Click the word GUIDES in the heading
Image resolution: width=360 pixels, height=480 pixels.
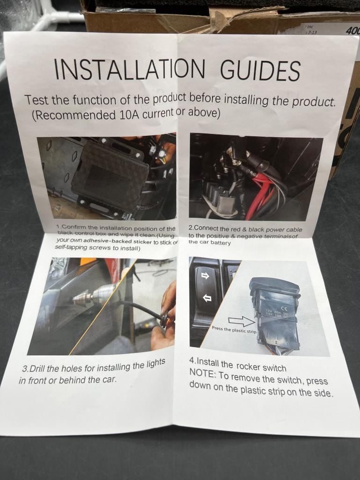click(260, 70)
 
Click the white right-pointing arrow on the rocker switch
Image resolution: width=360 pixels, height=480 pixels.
click(205, 276)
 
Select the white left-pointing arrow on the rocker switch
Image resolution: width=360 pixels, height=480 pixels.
click(207, 297)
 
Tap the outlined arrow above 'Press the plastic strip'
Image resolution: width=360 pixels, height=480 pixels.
click(242, 321)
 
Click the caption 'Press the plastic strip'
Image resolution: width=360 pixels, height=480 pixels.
click(234, 330)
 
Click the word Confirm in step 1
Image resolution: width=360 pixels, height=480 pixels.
click(74, 228)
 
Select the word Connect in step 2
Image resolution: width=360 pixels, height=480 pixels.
click(206, 228)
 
